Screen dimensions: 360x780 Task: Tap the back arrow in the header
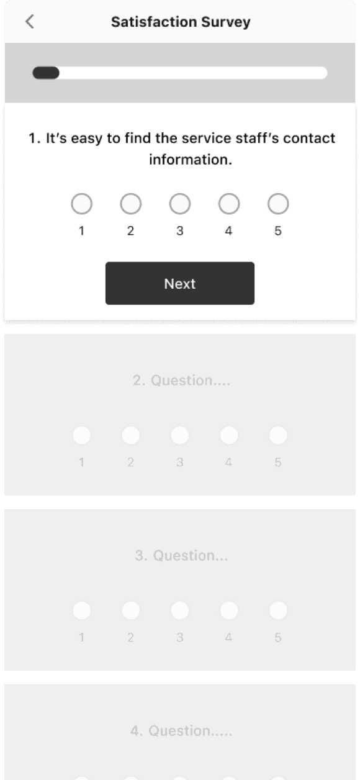(30, 22)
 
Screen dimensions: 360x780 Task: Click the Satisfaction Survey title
(181, 22)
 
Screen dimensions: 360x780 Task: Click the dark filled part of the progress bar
(45, 73)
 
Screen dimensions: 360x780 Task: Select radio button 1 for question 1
(81, 204)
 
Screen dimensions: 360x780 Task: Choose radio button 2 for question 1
(130, 204)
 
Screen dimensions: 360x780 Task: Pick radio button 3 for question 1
(179, 204)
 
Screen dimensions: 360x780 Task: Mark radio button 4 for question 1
(229, 204)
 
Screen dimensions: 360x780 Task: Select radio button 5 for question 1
(278, 204)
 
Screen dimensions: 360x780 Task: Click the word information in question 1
(191, 160)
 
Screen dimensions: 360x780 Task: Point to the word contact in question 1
(309, 138)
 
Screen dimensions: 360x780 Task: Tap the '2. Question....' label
(181, 380)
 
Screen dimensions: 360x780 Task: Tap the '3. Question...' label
(181, 555)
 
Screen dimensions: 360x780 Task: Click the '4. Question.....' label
(181, 730)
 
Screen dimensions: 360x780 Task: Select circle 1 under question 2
(81, 435)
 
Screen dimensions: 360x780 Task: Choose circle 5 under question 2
(278, 435)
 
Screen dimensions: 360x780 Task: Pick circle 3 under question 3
(179, 610)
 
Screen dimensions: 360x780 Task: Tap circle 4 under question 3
(229, 610)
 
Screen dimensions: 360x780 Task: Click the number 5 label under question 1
(278, 231)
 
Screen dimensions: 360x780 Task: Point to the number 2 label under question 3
(130, 637)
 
